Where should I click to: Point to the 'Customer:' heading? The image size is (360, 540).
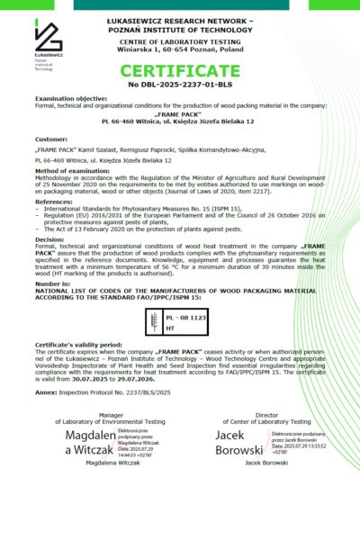(50, 140)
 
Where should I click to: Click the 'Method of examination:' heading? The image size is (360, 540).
(72, 170)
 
